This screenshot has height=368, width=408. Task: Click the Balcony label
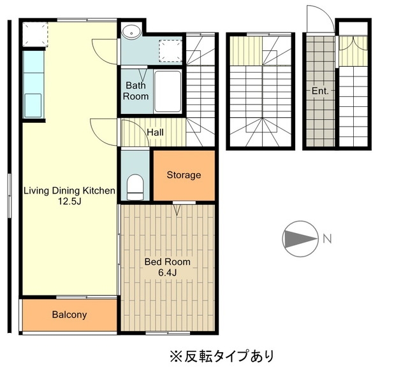(x=69, y=315)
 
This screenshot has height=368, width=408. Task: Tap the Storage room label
(x=184, y=175)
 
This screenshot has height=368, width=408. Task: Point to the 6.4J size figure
(x=167, y=273)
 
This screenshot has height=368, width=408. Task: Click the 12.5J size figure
(x=69, y=201)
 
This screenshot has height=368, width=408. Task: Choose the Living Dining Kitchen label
(x=69, y=190)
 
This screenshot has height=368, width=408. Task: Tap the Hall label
(x=156, y=132)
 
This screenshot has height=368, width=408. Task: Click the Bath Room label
(x=136, y=90)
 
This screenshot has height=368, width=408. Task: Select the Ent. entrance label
(x=320, y=91)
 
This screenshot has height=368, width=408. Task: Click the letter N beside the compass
(x=326, y=239)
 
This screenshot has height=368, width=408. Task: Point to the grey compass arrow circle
(x=300, y=239)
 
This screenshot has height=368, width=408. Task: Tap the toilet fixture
(x=136, y=185)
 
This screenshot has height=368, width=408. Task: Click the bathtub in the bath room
(x=168, y=91)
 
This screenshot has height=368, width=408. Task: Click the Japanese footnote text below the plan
(x=222, y=354)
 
